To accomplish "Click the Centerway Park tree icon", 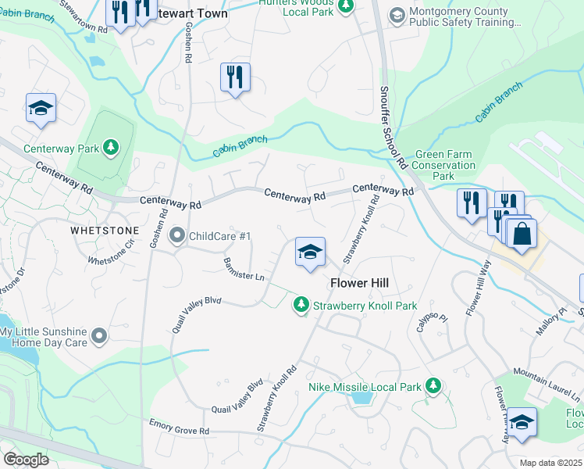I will (111, 148).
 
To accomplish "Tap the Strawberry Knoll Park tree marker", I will (301, 305).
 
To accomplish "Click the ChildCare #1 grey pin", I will (177, 235).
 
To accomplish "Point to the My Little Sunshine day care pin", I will (98, 337).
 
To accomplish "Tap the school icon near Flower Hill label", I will (310, 252).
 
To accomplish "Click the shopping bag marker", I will (522, 232).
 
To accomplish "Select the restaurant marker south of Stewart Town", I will (235, 77).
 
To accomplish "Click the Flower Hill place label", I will (359, 283).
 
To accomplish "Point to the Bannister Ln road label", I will (244, 270).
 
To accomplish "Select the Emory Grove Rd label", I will (180, 427).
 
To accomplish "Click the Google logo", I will (26, 460).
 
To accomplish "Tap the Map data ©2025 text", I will (550, 463).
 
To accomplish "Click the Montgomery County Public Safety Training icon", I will (397, 16).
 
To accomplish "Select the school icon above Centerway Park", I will (41, 109).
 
